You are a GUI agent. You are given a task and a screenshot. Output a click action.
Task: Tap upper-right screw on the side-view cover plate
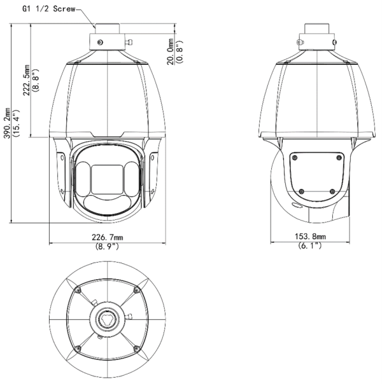coord(338,157)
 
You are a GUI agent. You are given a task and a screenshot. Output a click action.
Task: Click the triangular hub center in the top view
coord(107,317)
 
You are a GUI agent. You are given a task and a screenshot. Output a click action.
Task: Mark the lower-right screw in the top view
coord(136,346)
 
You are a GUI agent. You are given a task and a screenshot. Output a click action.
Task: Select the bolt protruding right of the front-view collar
coord(128,43)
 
